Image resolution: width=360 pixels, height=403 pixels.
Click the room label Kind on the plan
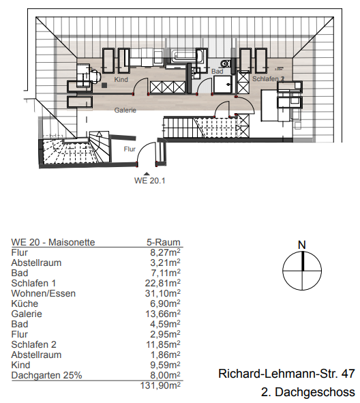(x=121, y=80)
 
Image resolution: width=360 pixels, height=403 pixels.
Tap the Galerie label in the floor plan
(x=125, y=110)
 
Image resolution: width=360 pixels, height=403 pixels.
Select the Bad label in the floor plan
(x=217, y=71)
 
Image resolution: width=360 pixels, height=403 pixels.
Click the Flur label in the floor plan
(x=130, y=148)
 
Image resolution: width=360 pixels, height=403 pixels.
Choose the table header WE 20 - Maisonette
(x=53, y=241)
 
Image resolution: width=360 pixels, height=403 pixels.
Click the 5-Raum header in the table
(x=163, y=241)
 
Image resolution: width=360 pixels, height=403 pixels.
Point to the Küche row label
(x=25, y=303)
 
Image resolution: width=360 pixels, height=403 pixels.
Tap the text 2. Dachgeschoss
(x=307, y=392)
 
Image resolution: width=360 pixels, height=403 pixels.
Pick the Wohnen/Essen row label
(x=44, y=293)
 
